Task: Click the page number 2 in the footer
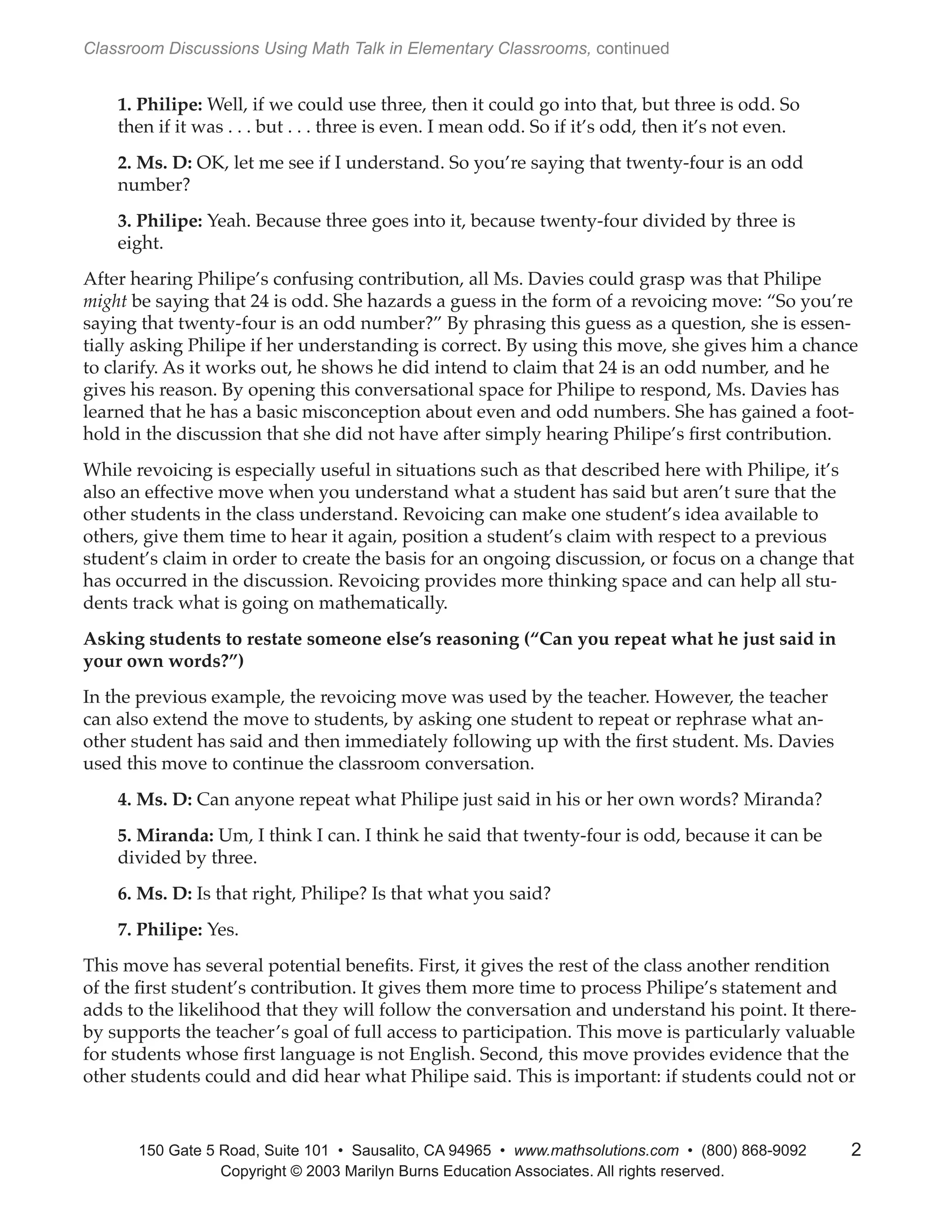(856, 1150)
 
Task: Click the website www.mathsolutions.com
(596, 1150)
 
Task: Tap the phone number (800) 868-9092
(753, 1150)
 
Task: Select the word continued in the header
(632, 49)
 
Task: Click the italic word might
(105, 302)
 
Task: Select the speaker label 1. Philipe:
(160, 104)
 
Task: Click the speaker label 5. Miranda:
(165, 836)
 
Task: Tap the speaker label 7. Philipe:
(160, 930)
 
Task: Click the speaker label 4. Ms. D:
(155, 800)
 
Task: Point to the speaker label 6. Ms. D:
(155, 894)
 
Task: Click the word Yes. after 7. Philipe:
(223, 930)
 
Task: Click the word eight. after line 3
(140, 244)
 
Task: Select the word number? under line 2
(154, 185)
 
